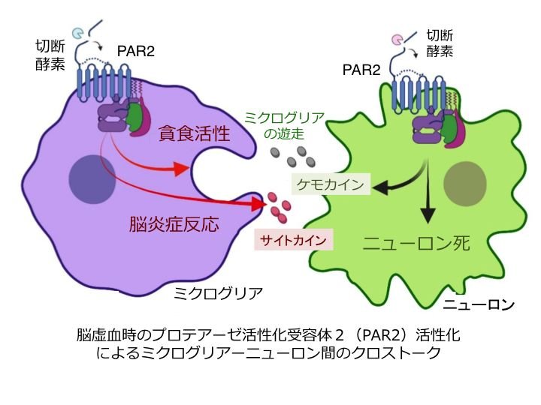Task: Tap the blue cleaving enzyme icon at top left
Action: tap(78, 33)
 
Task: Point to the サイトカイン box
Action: tap(294, 241)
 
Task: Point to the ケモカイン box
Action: tap(330, 184)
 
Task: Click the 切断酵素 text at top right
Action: tap(439, 43)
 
